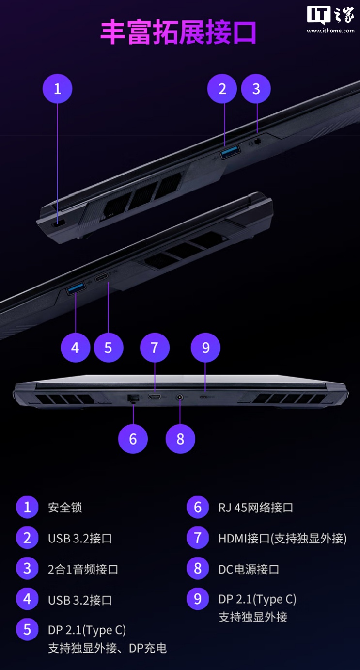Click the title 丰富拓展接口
pos(178,33)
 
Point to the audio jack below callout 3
pos(257,141)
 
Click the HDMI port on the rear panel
pos(155,398)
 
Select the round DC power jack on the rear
pos(180,398)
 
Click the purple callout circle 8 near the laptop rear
pos(180,439)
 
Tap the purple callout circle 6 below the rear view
pos(133,439)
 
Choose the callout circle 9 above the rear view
pos(205,348)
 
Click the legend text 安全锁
pos(65,508)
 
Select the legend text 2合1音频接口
pos(83,569)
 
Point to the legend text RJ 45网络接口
pos(256,508)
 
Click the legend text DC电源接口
pos(249,569)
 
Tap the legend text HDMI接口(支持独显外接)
pos(282,538)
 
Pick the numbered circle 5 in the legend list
pos(27,630)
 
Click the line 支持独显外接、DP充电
pos(107,648)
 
